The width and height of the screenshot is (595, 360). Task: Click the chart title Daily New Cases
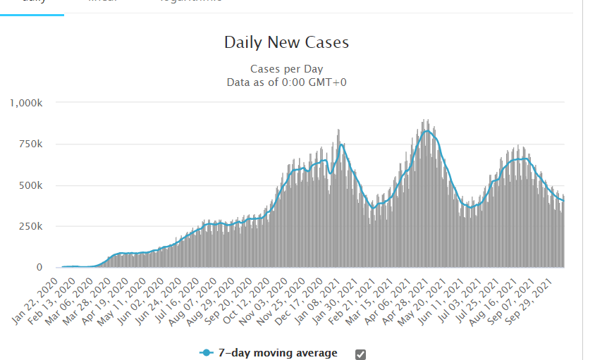[286, 42]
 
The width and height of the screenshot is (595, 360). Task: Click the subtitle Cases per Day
[286, 69]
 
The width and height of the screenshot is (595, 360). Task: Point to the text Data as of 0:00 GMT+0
[286, 82]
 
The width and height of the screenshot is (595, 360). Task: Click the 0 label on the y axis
[40, 268]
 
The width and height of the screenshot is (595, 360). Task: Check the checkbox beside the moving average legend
[361, 354]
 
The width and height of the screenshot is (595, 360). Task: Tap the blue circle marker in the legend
[207, 353]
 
